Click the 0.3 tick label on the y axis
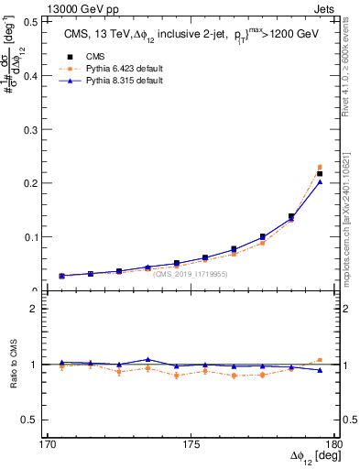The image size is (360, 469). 28,129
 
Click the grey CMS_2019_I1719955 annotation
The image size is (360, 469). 191,273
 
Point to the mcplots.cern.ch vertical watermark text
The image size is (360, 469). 352,220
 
